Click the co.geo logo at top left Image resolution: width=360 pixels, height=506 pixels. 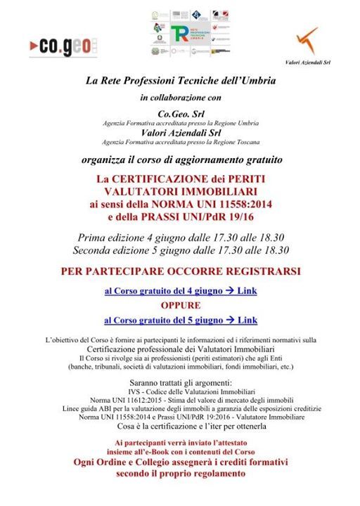pos(60,46)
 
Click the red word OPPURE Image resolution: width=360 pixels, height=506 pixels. pos(181,306)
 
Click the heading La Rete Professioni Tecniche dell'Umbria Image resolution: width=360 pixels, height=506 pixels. pos(181,82)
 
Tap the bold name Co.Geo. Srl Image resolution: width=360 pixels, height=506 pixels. pos(181,113)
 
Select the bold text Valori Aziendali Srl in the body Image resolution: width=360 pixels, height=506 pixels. pos(181,132)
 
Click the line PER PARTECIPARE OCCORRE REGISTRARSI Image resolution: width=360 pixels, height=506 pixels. pos(181,271)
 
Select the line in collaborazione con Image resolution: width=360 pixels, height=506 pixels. pos(181,97)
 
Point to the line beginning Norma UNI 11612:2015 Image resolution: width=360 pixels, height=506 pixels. pos(181,399)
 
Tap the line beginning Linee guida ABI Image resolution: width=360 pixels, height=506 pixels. pos(181,408)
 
